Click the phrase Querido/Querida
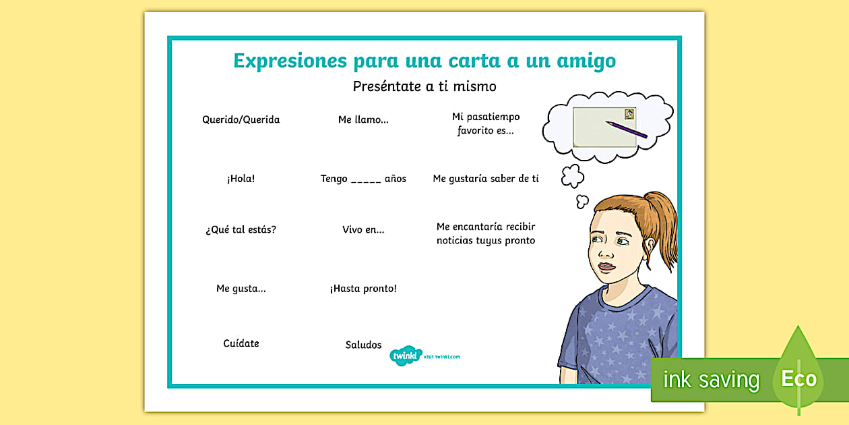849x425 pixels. click(241, 120)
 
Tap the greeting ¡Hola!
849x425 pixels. click(241, 178)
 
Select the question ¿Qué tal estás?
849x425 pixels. click(241, 229)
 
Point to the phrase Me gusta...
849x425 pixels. click(241, 289)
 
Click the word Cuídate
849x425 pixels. click(241, 343)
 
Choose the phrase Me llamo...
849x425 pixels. click(363, 119)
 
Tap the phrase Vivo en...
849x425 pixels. click(363, 229)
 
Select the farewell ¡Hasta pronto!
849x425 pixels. click(363, 289)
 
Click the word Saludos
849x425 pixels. click(363, 345)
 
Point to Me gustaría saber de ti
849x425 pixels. click(486, 178)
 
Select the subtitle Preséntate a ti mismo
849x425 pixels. click(425, 86)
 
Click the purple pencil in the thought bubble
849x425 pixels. click(626, 130)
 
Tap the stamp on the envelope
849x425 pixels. click(629, 114)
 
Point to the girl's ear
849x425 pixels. click(650, 246)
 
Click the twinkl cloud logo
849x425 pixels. click(406, 356)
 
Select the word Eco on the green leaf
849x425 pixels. click(798, 378)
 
